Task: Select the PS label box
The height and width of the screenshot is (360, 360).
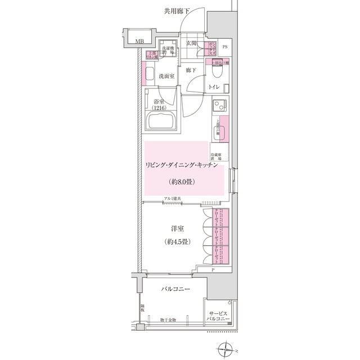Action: (x=225, y=47)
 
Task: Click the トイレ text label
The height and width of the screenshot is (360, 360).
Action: (x=214, y=88)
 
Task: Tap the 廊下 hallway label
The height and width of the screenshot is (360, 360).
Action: (x=191, y=70)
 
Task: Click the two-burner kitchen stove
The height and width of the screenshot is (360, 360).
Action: (x=219, y=105)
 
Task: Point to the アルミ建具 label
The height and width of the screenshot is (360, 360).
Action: (x=172, y=199)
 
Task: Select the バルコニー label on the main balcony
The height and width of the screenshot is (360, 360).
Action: (x=175, y=289)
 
